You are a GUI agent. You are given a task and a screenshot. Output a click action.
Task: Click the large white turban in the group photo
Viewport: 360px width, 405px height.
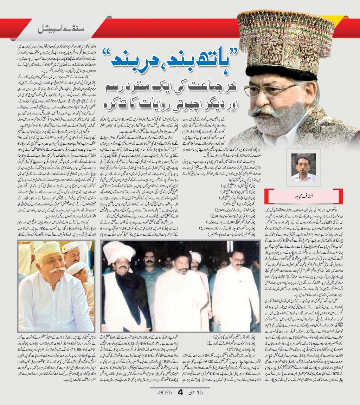tap(118, 252)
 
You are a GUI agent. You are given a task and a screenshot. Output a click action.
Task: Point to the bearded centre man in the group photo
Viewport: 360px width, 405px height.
tap(176, 281)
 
